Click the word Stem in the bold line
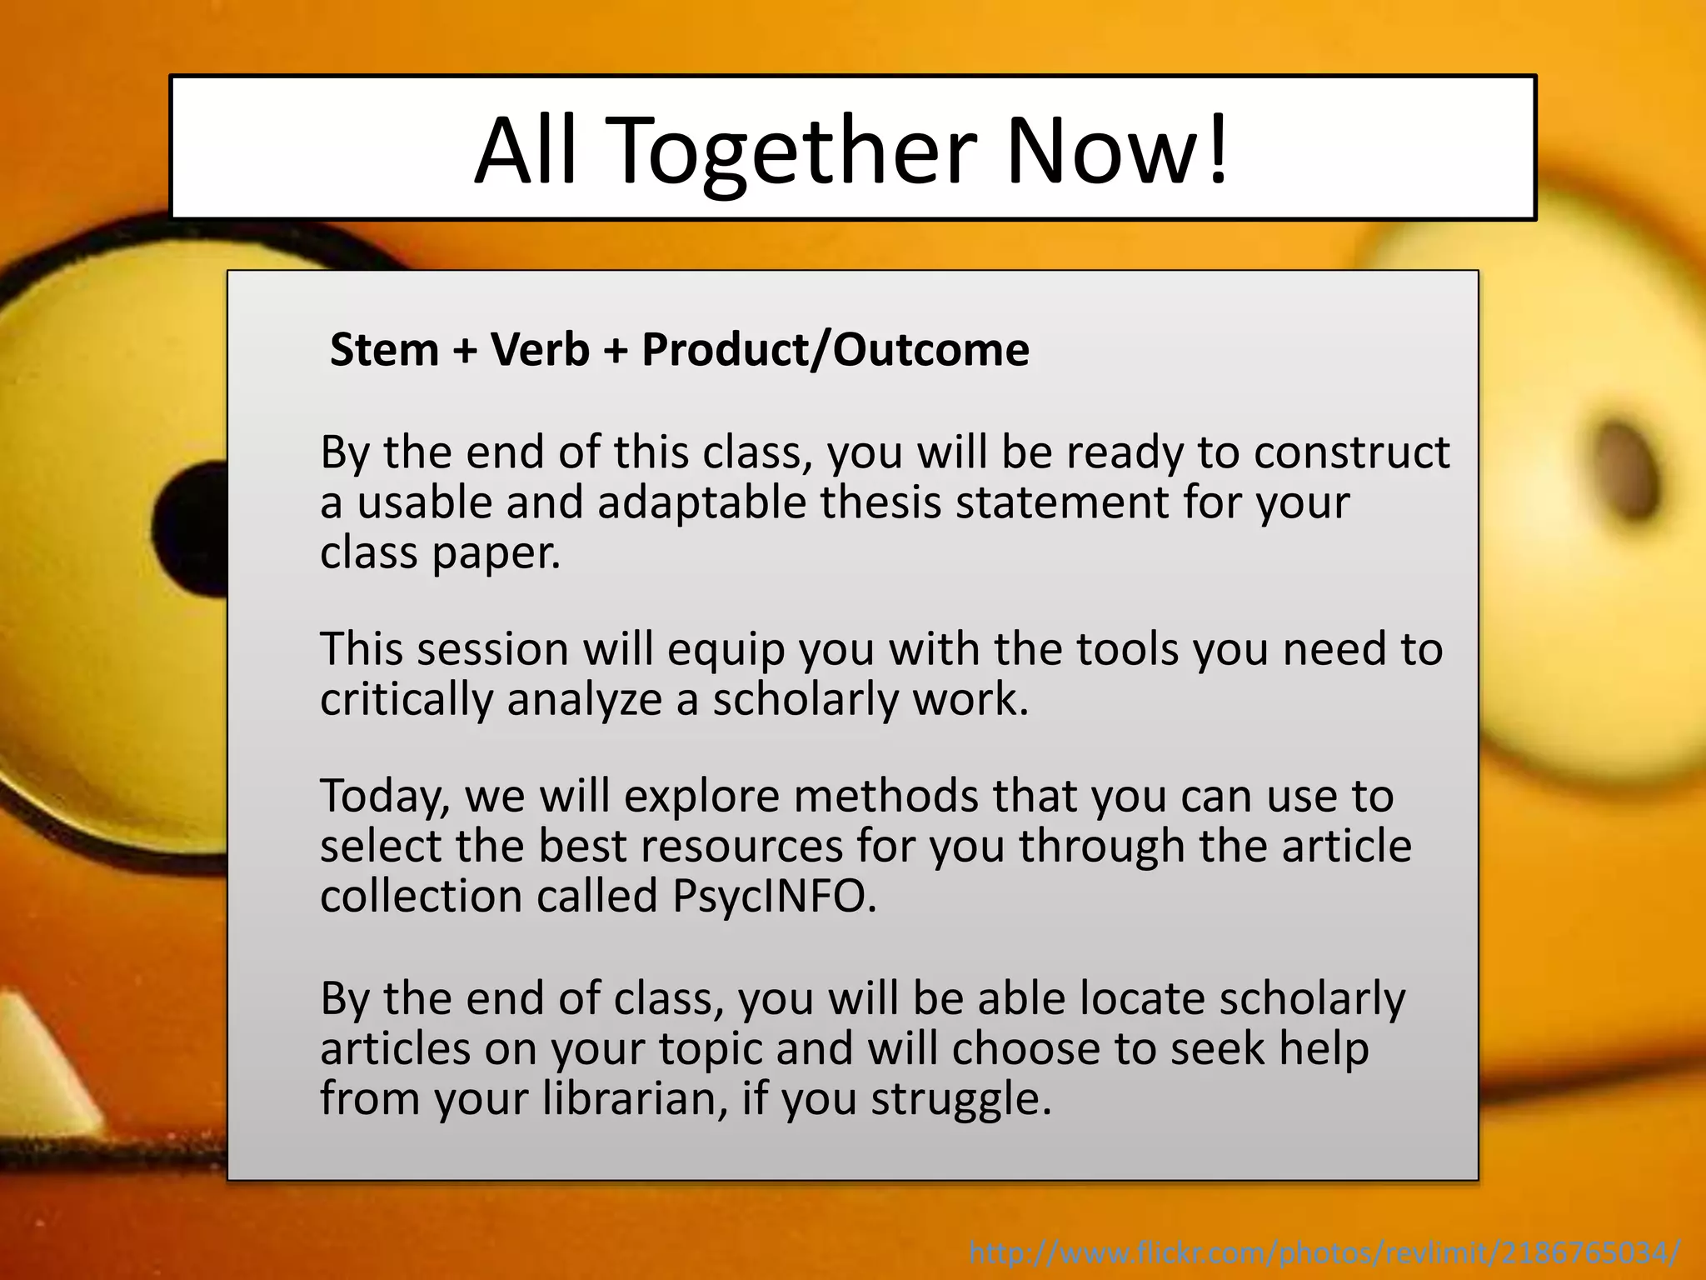(x=384, y=350)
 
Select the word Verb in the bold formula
(x=540, y=350)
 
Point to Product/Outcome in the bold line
(x=836, y=350)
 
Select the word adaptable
(x=702, y=503)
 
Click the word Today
(x=384, y=796)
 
